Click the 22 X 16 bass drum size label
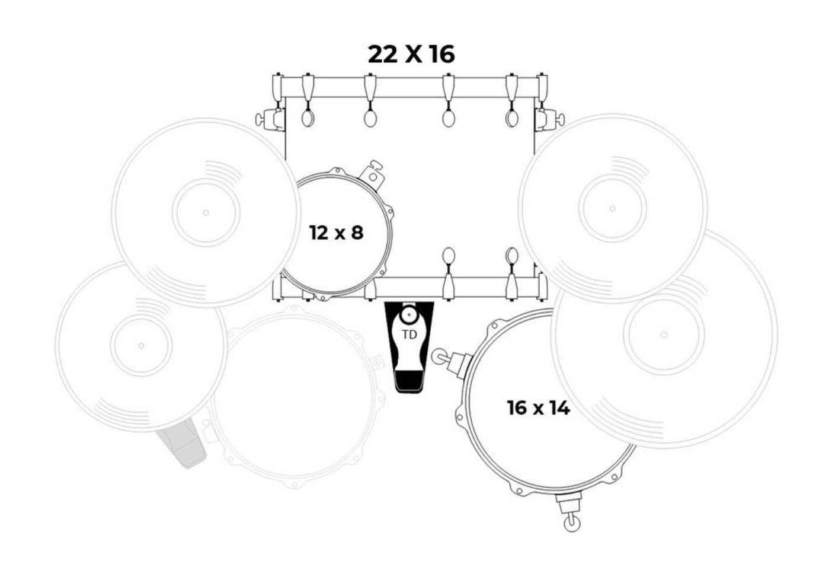click(x=411, y=55)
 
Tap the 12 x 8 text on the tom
click(x=336, y=232)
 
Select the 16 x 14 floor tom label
click(x=538, y=408)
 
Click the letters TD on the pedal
click(x=409, y=335)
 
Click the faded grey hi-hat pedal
click(x=182, y=444)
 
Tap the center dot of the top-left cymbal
click(x=206, y=213)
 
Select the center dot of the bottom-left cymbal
click(x=141, y=345)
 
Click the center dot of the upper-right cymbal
click(x=613, y=209)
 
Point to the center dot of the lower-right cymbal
click(x=664, y=335)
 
